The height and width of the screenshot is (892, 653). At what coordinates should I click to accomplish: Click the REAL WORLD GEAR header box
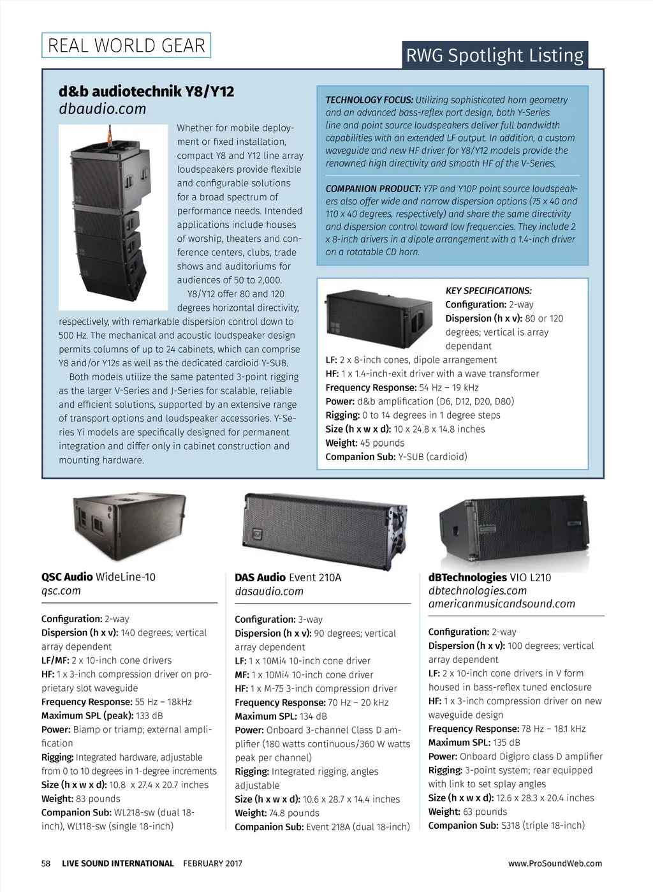(126, 45)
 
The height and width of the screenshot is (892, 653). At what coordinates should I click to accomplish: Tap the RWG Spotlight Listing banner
(495, 56)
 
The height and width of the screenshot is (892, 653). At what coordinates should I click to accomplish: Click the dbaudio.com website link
(102, 109)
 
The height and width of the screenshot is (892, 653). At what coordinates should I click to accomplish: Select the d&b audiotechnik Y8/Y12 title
(146, 91)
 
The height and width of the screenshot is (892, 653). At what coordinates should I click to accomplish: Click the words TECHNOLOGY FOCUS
(369, 100)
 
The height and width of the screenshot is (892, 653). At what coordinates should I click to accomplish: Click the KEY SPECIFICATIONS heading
(488, 291)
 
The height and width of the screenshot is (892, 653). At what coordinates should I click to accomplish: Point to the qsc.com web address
(61, 591)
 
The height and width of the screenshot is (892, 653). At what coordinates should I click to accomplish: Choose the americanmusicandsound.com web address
(501, 604)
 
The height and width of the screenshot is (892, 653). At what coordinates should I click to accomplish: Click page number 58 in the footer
(46, 863)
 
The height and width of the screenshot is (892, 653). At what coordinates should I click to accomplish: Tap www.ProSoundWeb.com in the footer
(555, 863)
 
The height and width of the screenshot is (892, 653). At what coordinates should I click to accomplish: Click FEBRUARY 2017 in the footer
(212, 863)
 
